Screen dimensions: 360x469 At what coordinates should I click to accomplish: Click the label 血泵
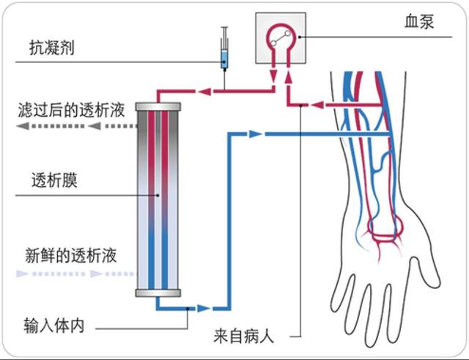click(419, 22)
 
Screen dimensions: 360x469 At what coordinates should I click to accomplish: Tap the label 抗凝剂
click(51, 49)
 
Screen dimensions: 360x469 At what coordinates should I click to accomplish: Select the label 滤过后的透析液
click(71, 111)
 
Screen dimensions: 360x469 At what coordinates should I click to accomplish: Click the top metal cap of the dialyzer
click(158, 108)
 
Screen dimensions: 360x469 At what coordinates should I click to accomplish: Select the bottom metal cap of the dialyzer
click(158, 293)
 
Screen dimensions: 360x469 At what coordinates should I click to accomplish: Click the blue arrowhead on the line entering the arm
click(254, 134)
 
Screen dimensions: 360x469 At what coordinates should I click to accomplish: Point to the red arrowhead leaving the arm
click(317, 105)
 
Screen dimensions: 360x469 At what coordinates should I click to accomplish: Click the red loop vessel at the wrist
click(386, 235)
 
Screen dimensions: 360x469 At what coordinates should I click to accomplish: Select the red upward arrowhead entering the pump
click(289, 76)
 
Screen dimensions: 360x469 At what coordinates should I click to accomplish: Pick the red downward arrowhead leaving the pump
click(273, 76)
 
